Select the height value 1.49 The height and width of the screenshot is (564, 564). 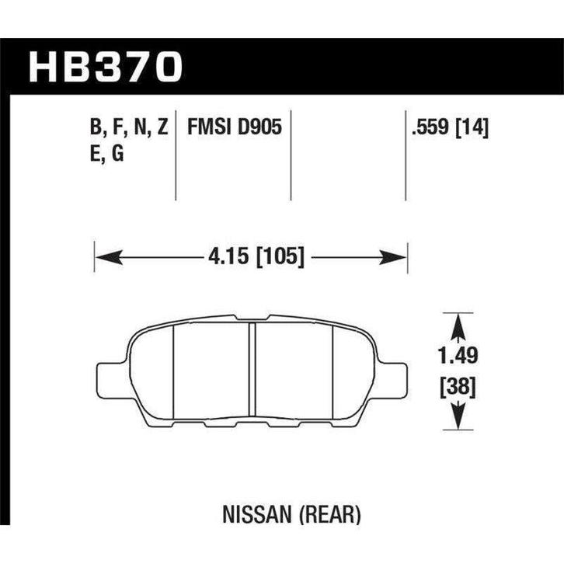(x=456, y=356)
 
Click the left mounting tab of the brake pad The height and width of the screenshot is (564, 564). (x=108, y=378)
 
